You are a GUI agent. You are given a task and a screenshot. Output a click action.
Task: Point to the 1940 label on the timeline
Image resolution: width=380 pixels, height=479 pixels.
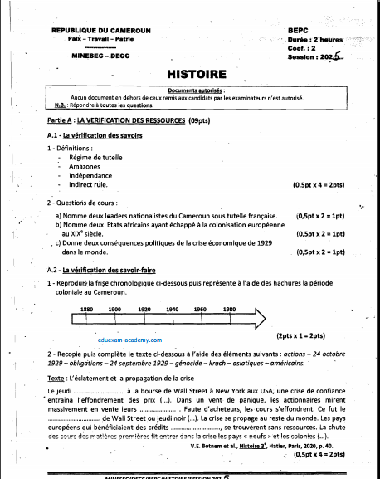172,309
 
